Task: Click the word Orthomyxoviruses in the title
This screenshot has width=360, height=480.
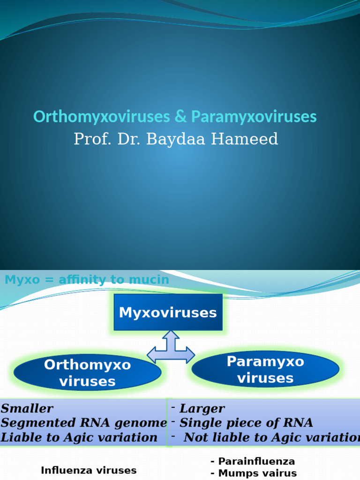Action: coord(102,117)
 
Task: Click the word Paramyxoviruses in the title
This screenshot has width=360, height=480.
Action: coord(254,117)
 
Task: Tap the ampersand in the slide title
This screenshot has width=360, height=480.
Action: coord(180,117)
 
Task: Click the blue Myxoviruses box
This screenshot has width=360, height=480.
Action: coord(168,312)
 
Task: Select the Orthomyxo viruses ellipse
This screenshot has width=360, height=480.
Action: coord(88,373)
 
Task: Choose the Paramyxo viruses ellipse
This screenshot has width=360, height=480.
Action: coord(265,369)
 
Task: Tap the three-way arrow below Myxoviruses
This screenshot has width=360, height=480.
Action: coord(171,349)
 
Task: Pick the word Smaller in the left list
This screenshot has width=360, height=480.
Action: coord(27,408)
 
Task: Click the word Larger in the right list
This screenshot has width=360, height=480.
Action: coord(202,408)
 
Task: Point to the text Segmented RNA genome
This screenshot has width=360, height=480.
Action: coord(84,423)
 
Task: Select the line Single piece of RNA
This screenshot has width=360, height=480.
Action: coord(246,423)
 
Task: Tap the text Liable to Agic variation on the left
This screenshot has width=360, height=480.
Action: coord(79,438)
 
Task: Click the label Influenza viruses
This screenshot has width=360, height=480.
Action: coord(89,470)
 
